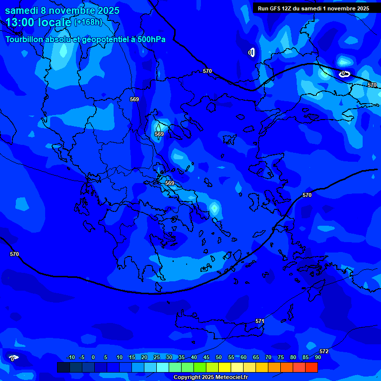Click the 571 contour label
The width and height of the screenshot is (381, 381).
click(260, 321)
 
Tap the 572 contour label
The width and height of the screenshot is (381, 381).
click(324, 352)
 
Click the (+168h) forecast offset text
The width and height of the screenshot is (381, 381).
click(88, 22)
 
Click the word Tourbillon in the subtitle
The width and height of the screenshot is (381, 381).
click(25, 40)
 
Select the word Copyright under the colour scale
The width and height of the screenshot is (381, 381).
click(188, 378)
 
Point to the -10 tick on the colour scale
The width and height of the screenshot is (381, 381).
click(70, 357)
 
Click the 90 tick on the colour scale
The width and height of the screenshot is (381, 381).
click(318, 357)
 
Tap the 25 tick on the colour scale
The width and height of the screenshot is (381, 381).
click(157, 357)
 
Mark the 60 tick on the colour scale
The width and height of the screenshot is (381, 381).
click(244, 357)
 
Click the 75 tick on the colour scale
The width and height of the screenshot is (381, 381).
click(281, 357)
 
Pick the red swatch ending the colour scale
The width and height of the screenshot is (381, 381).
click(312, 367)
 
